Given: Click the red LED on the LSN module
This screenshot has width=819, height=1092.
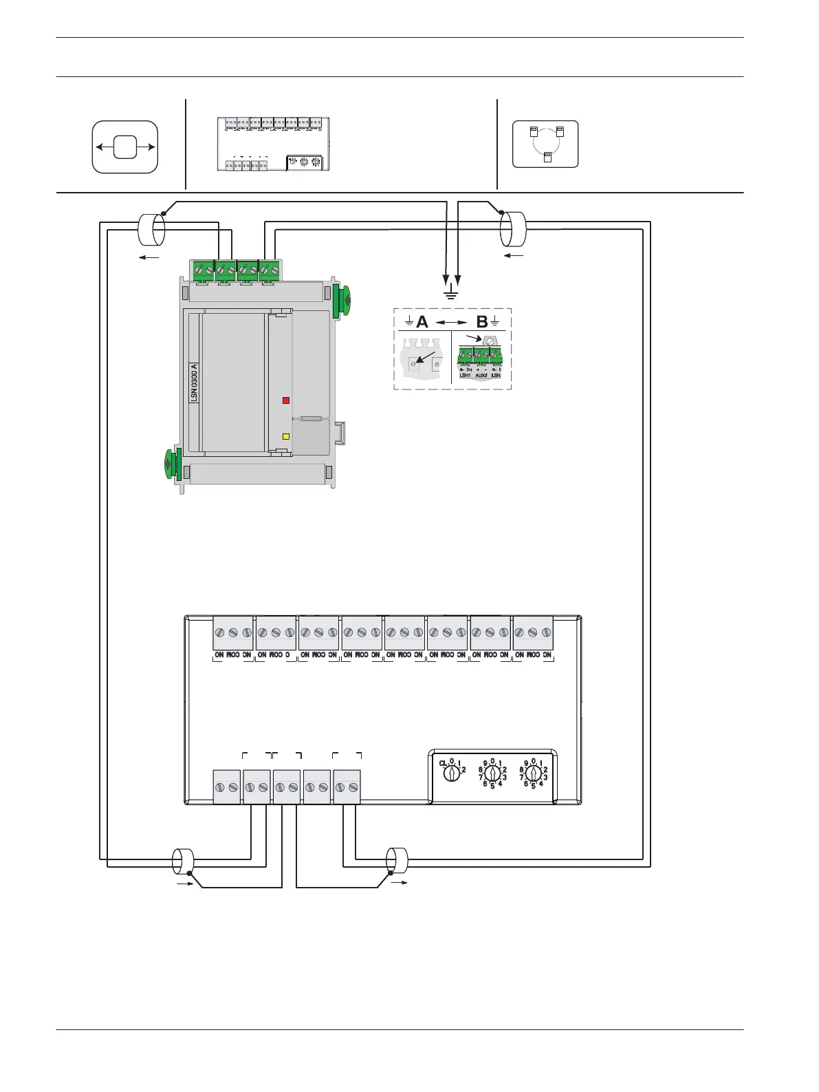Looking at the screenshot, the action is [x=286, y=400].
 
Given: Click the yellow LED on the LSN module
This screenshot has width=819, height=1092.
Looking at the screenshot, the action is [x=286, y=437].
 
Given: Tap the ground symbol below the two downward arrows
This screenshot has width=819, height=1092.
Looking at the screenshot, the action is [x=452, y=295].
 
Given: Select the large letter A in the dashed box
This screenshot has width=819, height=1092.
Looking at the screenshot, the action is [x=422, y=322].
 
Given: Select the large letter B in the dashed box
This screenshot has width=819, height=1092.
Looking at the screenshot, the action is [x=482, y=322].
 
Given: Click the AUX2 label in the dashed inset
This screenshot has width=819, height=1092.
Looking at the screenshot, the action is [x=481, y=376].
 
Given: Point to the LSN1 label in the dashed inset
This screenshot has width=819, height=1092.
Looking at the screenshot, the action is [x=466, y=376].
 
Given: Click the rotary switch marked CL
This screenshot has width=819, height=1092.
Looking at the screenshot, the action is [x=451, y=773].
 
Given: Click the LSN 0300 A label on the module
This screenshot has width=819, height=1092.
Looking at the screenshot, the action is [x=195, y=383].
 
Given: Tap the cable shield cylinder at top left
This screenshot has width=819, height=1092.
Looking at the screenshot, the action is [x=151, y=230].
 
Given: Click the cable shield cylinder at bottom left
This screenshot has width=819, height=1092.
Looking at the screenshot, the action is [x=183, y=862].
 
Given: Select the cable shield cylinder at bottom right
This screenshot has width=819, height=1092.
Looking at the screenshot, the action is [x=397, y=861].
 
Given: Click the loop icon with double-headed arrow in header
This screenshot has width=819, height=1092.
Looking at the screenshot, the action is [x=125, y=147].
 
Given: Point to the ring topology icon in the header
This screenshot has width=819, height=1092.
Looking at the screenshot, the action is [x=545, y=144].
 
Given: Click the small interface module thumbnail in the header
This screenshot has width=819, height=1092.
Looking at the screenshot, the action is [x=274, y=144].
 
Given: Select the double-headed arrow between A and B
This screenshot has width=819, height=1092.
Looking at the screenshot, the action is [x=451, y=322].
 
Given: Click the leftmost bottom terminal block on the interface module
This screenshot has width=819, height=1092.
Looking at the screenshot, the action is [x=227, y=787].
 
